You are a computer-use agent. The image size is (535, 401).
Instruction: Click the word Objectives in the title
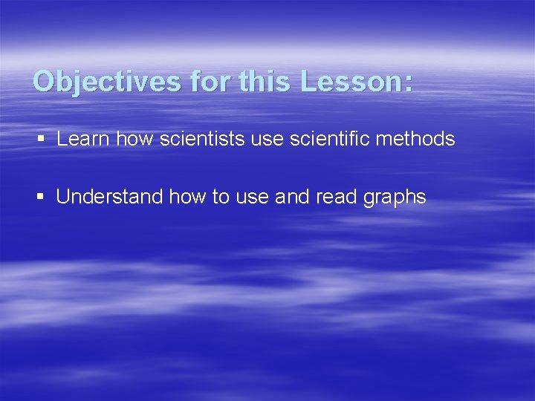[107, 81]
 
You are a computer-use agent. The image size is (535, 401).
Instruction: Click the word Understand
[109, 197]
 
